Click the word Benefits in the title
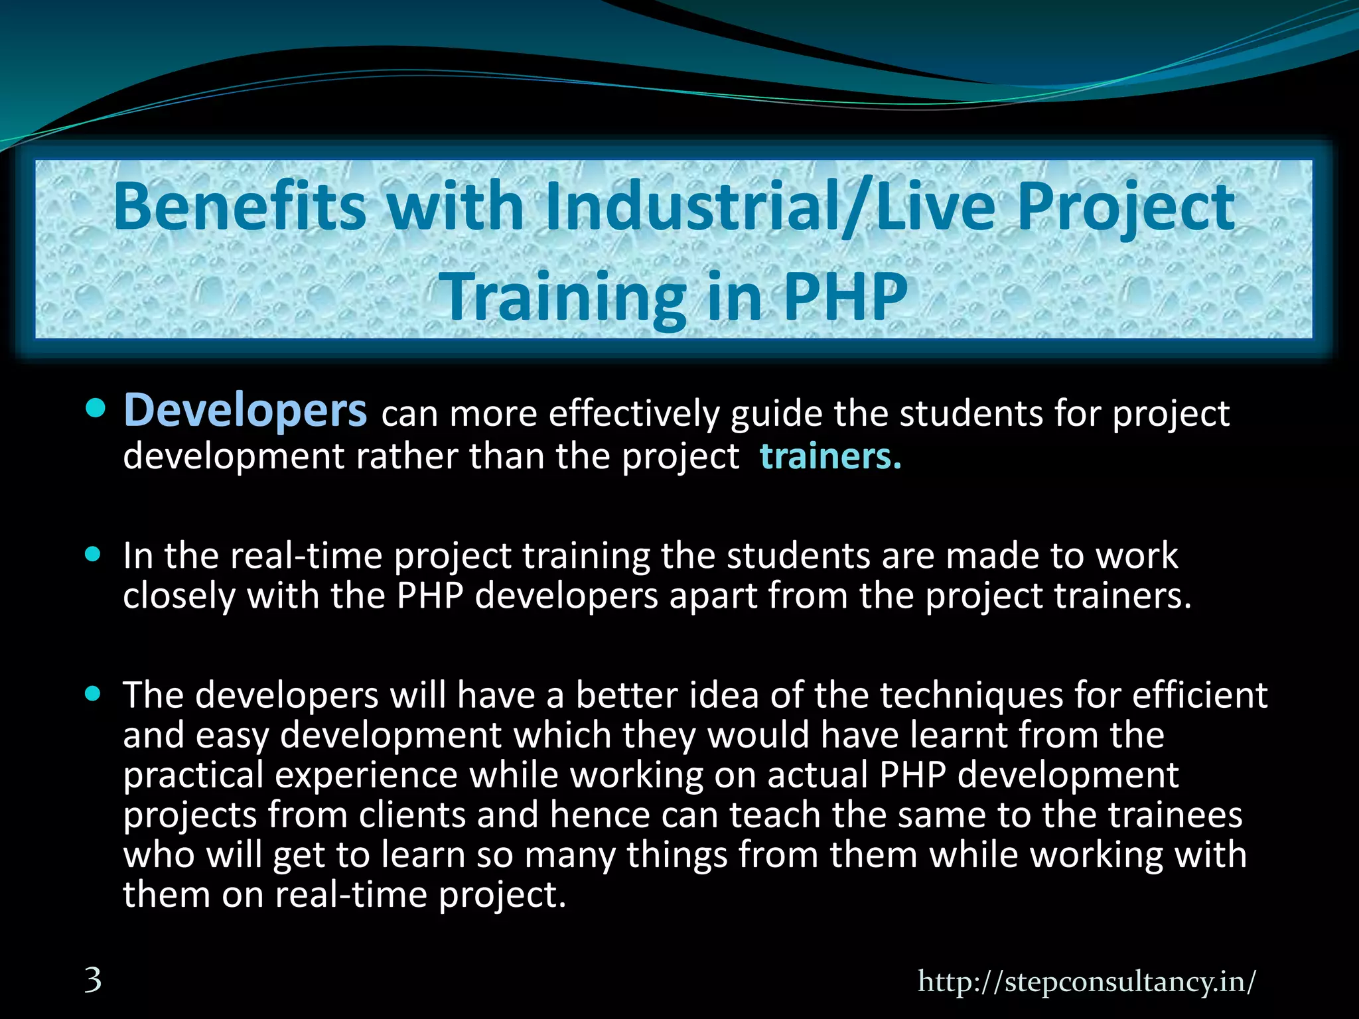tap(239, 207)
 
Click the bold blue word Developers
tap(245, 411)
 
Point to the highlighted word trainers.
tap(830, 456)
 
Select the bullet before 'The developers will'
tap(94, 694)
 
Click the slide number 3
tap(93, 980)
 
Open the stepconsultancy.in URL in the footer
tap(1086, 981)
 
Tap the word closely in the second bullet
tap(179, 595)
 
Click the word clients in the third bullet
tap(412, 815)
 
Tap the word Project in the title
tap(1125, 207)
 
